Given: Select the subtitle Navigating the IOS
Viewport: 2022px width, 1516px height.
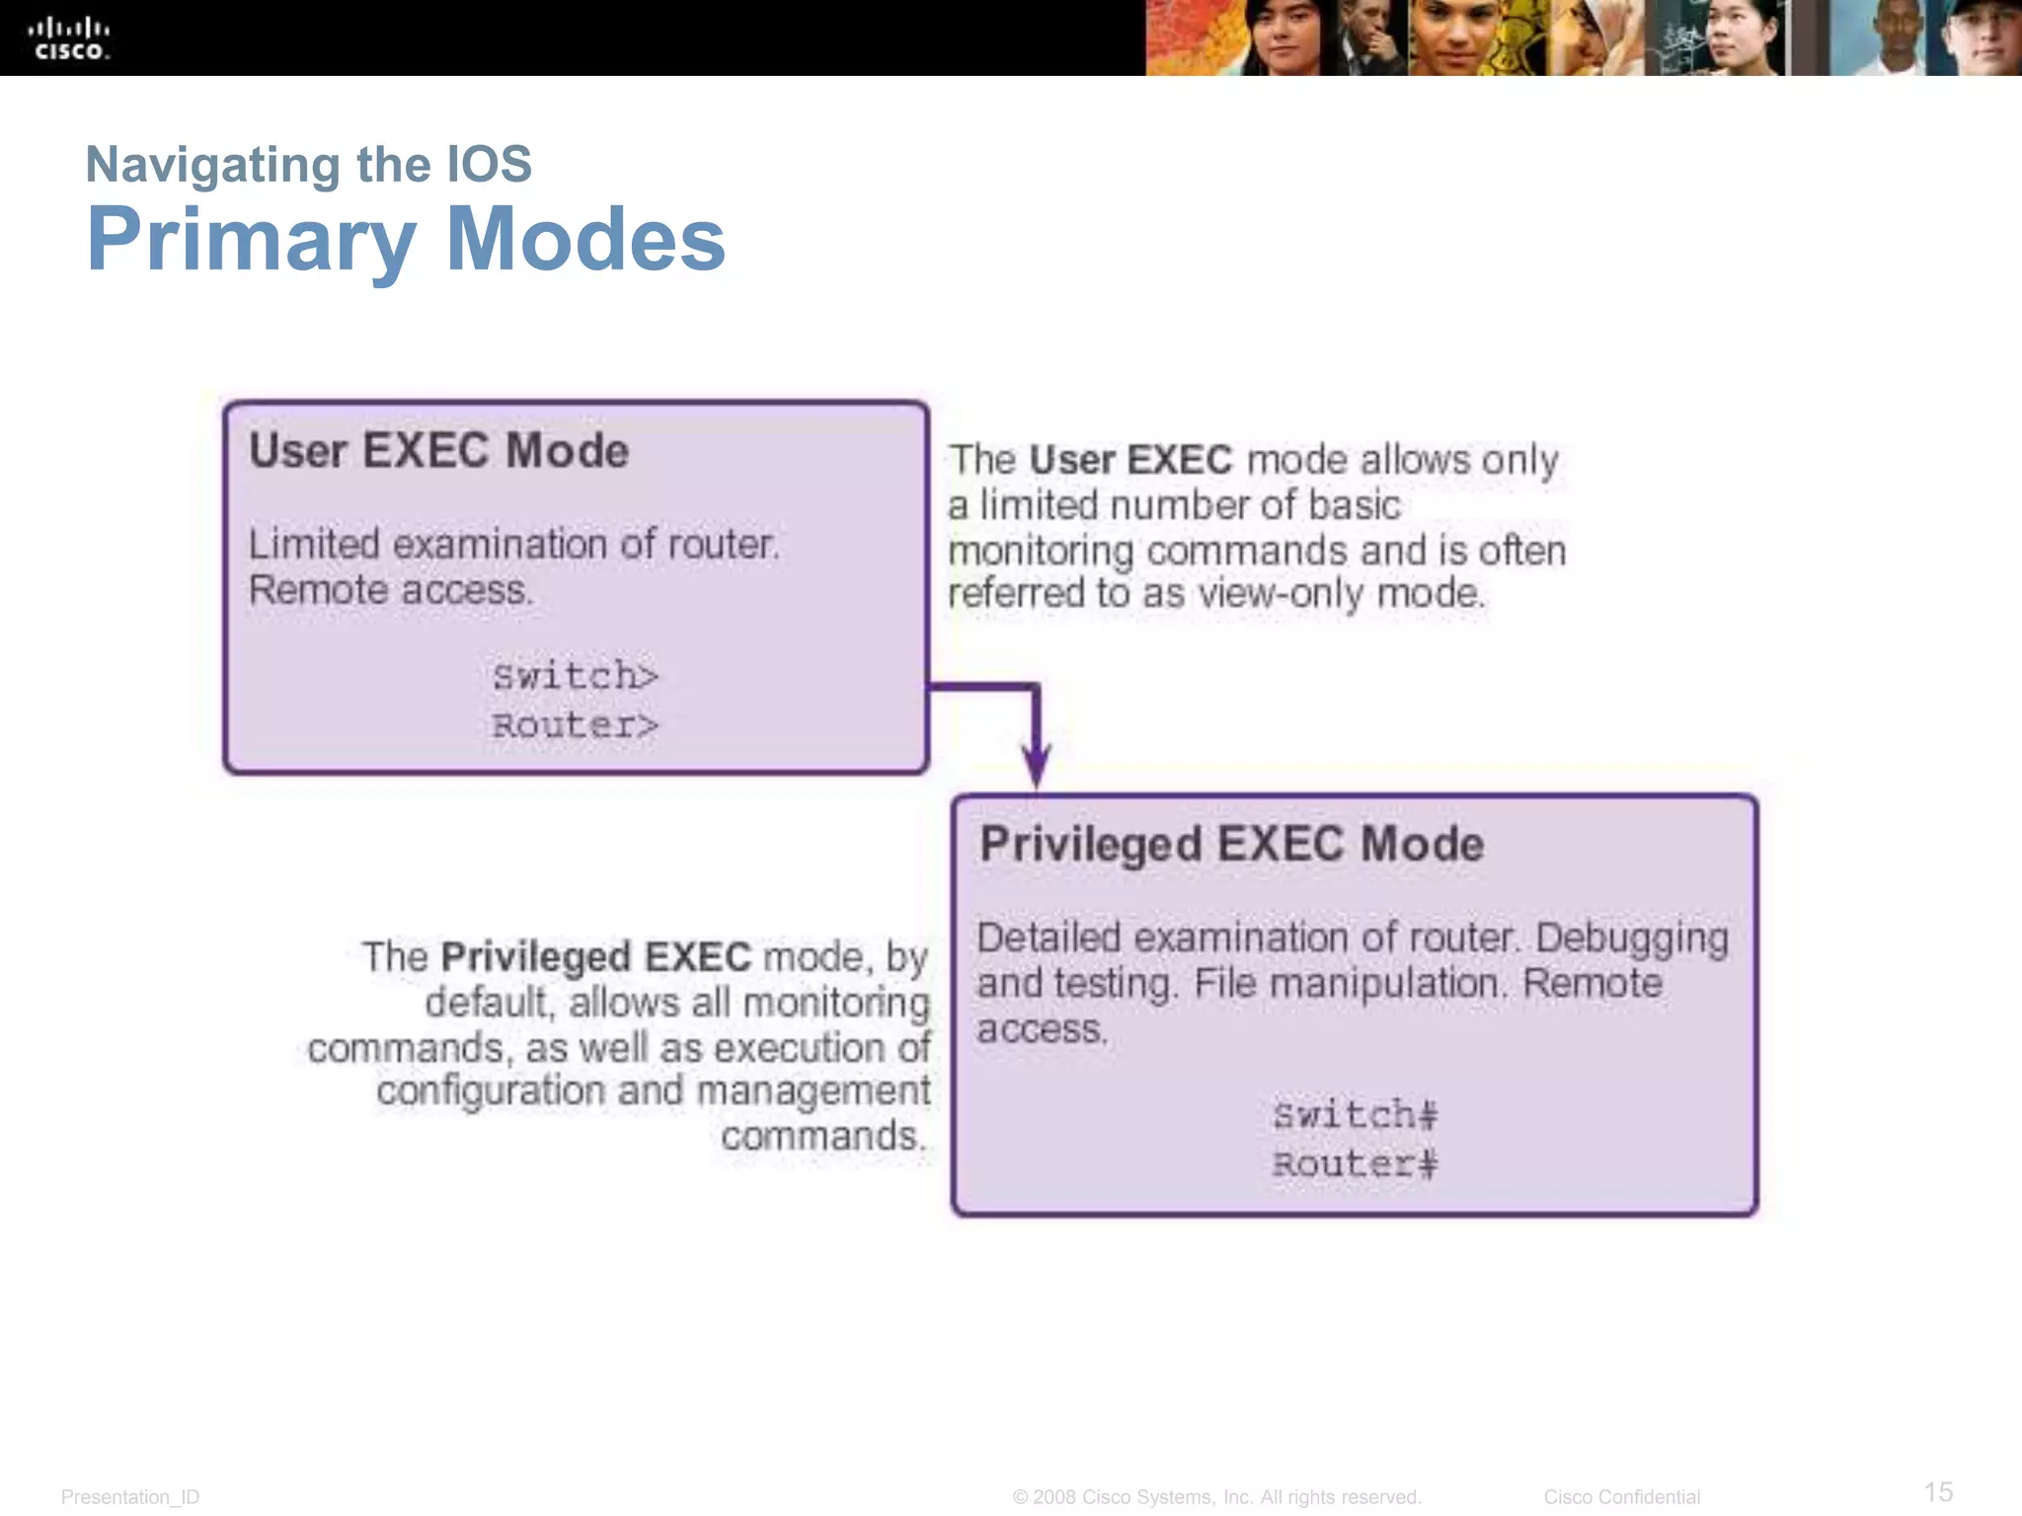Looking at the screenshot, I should pyautogui.click(x=308, y=164).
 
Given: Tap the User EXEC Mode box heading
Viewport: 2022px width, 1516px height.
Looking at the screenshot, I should pyautogui.click(x=438, y=451).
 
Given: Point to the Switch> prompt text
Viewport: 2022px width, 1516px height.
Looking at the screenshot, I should pyautogui.click(x=575, y=676).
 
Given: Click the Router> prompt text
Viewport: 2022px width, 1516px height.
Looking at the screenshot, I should pyautogui.click(x=575, y=725).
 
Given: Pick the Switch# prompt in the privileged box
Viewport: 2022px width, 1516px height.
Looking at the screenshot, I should pyautogui.click(x=1355, y=1115).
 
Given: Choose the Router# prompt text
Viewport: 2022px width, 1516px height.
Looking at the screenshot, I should pyautogui.click(x=1355, y=1165).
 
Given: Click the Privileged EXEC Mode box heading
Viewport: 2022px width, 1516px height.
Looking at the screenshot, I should pyautogui.click(x=1231, y=845).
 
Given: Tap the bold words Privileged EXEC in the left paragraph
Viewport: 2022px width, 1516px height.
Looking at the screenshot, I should pyautogui.click(x=595, y=957).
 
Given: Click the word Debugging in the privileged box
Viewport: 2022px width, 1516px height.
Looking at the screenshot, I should pyautogui.click(x=1631, y=938).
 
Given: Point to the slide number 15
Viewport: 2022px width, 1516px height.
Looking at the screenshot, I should pyautogui.click(x=1938, y=1491).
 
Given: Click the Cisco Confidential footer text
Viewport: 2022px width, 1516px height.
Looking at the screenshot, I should pyautogui.click(x=1621, y=1497).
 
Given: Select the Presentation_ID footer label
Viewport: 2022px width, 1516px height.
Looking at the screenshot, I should pyautogui.click(x=130, y=1497).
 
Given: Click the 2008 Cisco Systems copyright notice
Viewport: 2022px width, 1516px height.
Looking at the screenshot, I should pyautogui.click(x=1216, y=1497).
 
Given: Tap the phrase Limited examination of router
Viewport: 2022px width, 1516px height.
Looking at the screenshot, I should pyautogui.click(x=513, y=545).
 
